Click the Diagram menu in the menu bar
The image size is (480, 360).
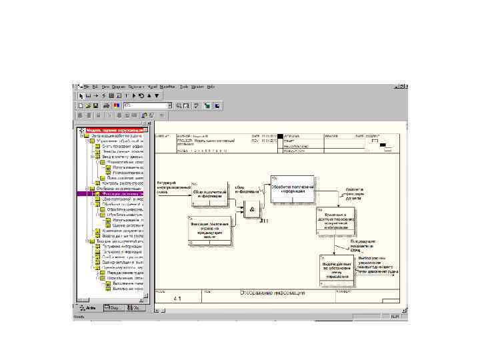pyautogui.click(x=118, y=87)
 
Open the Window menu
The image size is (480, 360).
pyautogui.click(x=197, y=87)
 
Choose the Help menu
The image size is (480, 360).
pyautogui.click(x=211, y=87)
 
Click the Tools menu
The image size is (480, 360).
pyautogui.click(x=183, y=87)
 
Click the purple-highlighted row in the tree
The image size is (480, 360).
pyautogui.click(x=113, y=193)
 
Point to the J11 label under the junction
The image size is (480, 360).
pyautogui.click(x=264, y=220)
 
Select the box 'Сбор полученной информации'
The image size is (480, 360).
pyautogui.click(x=209, y=193)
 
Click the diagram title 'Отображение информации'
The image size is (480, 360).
pyautogui.click(x=273, y=293)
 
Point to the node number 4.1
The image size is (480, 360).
pyautogui.click(x=177, y=298)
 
